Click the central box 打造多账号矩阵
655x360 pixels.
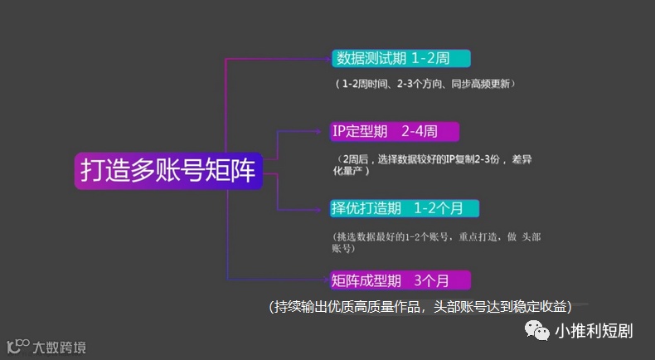click(168, 170)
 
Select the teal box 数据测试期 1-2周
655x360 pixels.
click(401, 59)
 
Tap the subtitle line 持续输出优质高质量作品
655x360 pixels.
click(431, 306)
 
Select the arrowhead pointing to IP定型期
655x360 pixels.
click(325, 131)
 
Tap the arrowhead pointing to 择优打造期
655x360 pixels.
click(325, 207)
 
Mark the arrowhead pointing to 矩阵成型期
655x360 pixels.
click(325, 280)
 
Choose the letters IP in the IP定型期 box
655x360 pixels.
click(339, 131)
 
